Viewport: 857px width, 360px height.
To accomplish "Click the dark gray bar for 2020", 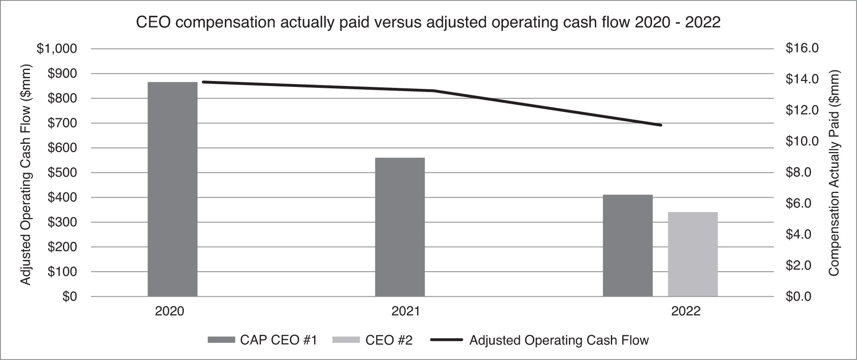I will pyautogui.click(x=172, y=189).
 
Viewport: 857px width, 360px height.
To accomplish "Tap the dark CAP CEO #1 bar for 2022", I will pyautogui.click(x=628, y=245).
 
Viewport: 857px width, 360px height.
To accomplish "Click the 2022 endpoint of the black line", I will pyautogui.click(x=660, y=125).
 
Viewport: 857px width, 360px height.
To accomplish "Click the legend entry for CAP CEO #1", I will pyautogui.click(x=262, y=340).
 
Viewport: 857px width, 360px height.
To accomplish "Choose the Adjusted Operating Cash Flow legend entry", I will pyautogui.click(x=539, y=340).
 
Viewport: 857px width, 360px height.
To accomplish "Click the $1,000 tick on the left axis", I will pyautogui.click(x=57, y=49).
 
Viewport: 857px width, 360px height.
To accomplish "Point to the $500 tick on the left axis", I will pyautogui.click(x=62, y=172).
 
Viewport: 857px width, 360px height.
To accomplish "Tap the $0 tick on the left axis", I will pyautogui.click(x=70, y=297).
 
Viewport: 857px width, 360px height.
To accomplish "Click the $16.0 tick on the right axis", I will pyautogui.click(x=802, y=48).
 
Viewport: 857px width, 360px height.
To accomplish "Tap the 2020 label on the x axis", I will pyautogui.click(x=169, y=312).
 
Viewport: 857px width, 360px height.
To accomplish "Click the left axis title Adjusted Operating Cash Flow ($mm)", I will pyautogui.click(x=26, y=175).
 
